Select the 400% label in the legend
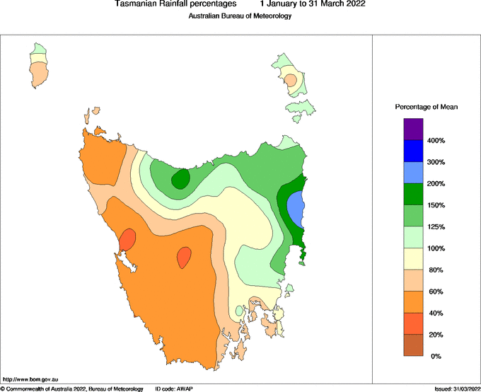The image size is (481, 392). (436, 141)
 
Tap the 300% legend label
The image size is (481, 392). (436, 162)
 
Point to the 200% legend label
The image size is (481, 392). (436, 184)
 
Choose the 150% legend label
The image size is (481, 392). (436, 205)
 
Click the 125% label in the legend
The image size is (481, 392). (436, 226)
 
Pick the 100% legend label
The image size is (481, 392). (436, 248)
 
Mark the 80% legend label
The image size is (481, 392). (437, 270)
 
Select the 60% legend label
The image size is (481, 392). (437, 291)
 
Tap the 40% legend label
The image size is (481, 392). (437, 313)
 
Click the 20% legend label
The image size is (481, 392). (437, 334)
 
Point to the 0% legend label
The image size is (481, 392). (436, 356)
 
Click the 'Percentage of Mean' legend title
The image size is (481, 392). (426, 106)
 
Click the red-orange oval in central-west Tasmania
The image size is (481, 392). (184, 257)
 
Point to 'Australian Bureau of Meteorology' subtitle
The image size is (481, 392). (240, 16)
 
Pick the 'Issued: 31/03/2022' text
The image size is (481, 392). (456, 388)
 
